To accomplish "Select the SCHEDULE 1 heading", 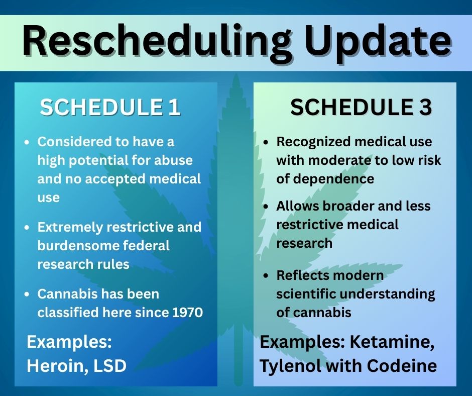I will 110,108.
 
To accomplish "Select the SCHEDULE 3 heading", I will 361,108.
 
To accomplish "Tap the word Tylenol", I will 288,365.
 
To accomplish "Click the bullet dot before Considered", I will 27,143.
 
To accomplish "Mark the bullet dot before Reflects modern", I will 266,276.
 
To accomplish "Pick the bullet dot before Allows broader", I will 266,207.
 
